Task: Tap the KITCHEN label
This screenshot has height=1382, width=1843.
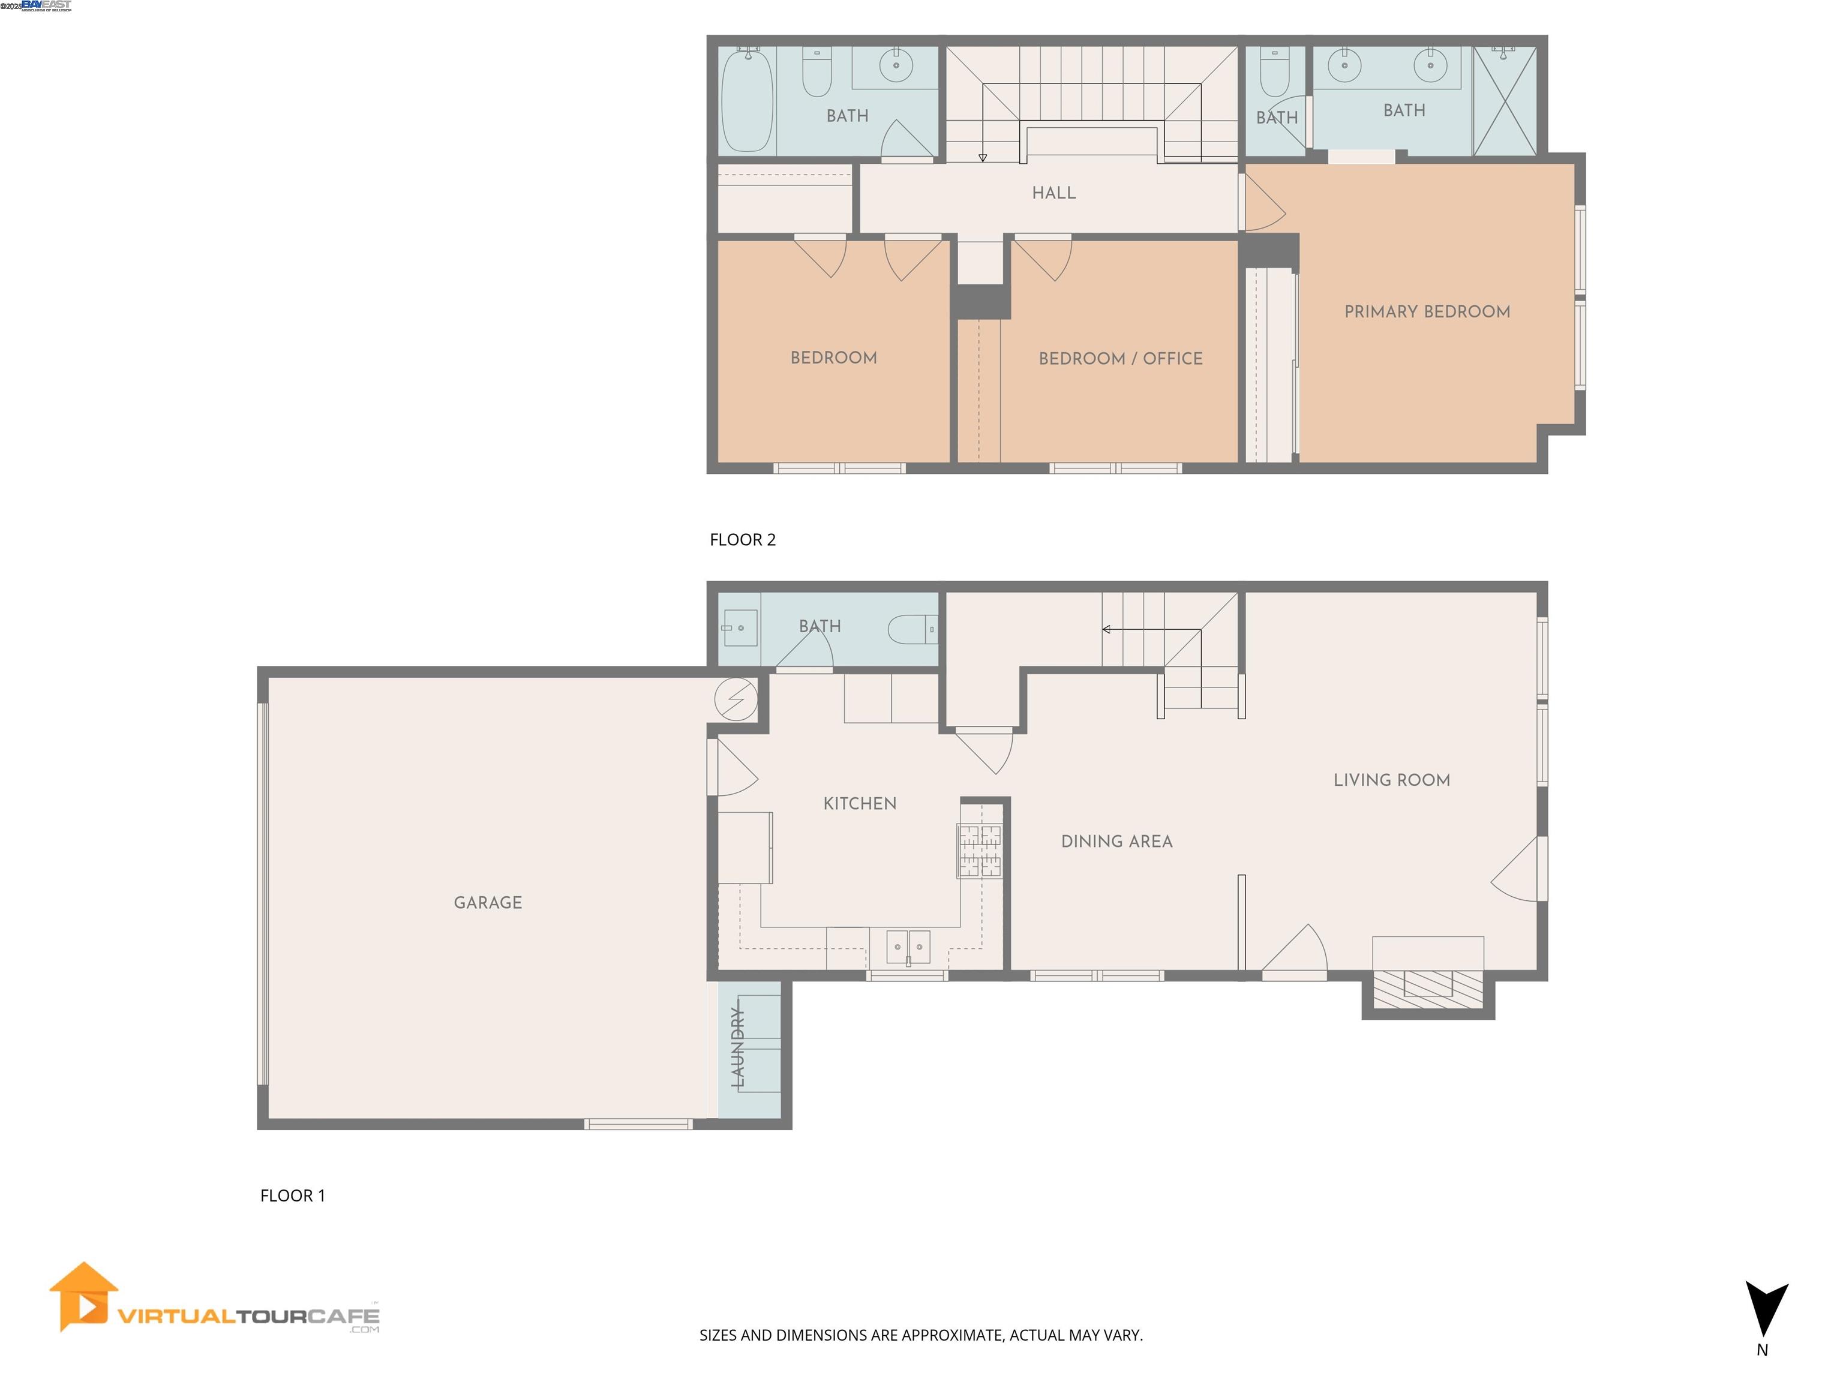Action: pyautogui.click(x=859, y=803)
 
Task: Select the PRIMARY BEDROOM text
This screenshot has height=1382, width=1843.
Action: pyautogui.click(x=1427, y=311)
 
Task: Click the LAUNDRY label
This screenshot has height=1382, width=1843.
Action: pyautogui.click(x=737, y=1047)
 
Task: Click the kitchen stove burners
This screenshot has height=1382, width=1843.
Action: pyautogui.click(x=979, y=851)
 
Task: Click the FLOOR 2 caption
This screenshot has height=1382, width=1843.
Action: pyautogui.click(x=742, y=540)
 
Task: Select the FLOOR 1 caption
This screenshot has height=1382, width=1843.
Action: pyautogui.click(x=292, y=1195)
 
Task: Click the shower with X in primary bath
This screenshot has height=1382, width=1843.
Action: pyautogui.click(x=1504, y=101)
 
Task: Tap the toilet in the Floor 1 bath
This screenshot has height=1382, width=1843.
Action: pyautogui.click(x=911, y=629)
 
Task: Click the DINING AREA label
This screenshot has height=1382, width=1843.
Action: pyautogui.click(x=1116, y=842)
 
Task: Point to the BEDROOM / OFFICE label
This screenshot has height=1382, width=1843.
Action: pyautogui.click(x=1120, y=358)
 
